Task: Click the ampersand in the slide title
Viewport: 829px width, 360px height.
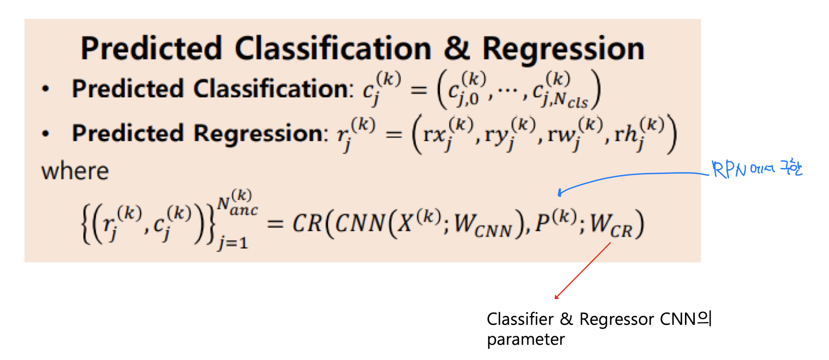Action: [x=457, y=49]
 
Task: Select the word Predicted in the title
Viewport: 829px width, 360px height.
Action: [x=151, y=49]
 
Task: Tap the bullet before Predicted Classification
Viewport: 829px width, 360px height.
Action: [x=46, y=89]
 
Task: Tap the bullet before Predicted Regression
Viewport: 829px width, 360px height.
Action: [x=46, y=134]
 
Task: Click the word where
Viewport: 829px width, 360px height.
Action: [x=75, y=171]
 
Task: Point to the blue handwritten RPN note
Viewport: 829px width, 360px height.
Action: [x=756, y=169]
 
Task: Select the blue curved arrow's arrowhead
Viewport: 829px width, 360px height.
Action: [x=560, y=193]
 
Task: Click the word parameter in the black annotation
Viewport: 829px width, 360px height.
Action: [x=526, y=339]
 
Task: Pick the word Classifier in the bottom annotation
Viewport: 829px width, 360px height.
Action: [x=520, y=319]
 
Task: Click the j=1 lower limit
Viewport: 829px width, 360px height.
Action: [x=233, y=243]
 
